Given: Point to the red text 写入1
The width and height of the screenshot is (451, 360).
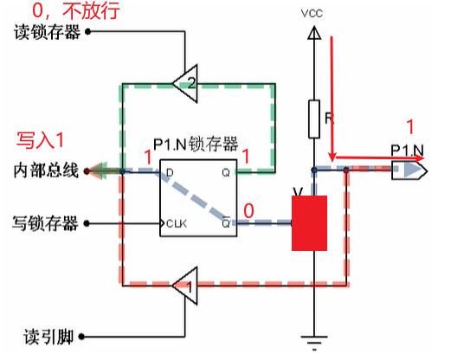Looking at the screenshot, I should point(42,139).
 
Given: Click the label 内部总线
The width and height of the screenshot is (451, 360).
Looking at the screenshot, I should point(47,170).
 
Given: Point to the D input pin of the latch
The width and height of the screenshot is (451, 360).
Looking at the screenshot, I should point(169,172).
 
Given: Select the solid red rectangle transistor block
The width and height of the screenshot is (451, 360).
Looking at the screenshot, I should point(309,223).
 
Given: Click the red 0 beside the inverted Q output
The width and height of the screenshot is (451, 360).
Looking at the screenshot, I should point(249,210).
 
